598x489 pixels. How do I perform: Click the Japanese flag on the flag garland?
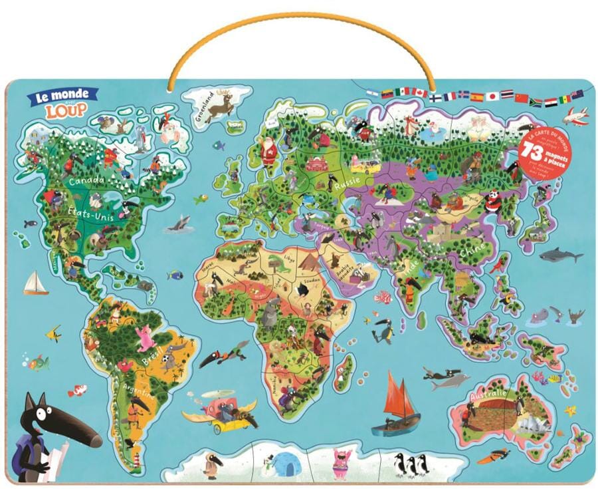492,96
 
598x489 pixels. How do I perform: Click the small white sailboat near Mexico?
35,283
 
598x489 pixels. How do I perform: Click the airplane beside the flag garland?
575,116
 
